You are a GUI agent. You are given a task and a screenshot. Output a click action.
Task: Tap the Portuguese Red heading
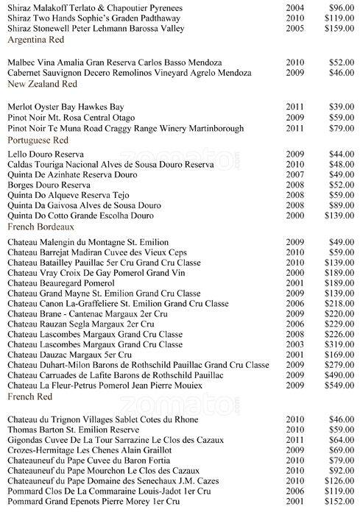pyautogui.click(x=37, y=138)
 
